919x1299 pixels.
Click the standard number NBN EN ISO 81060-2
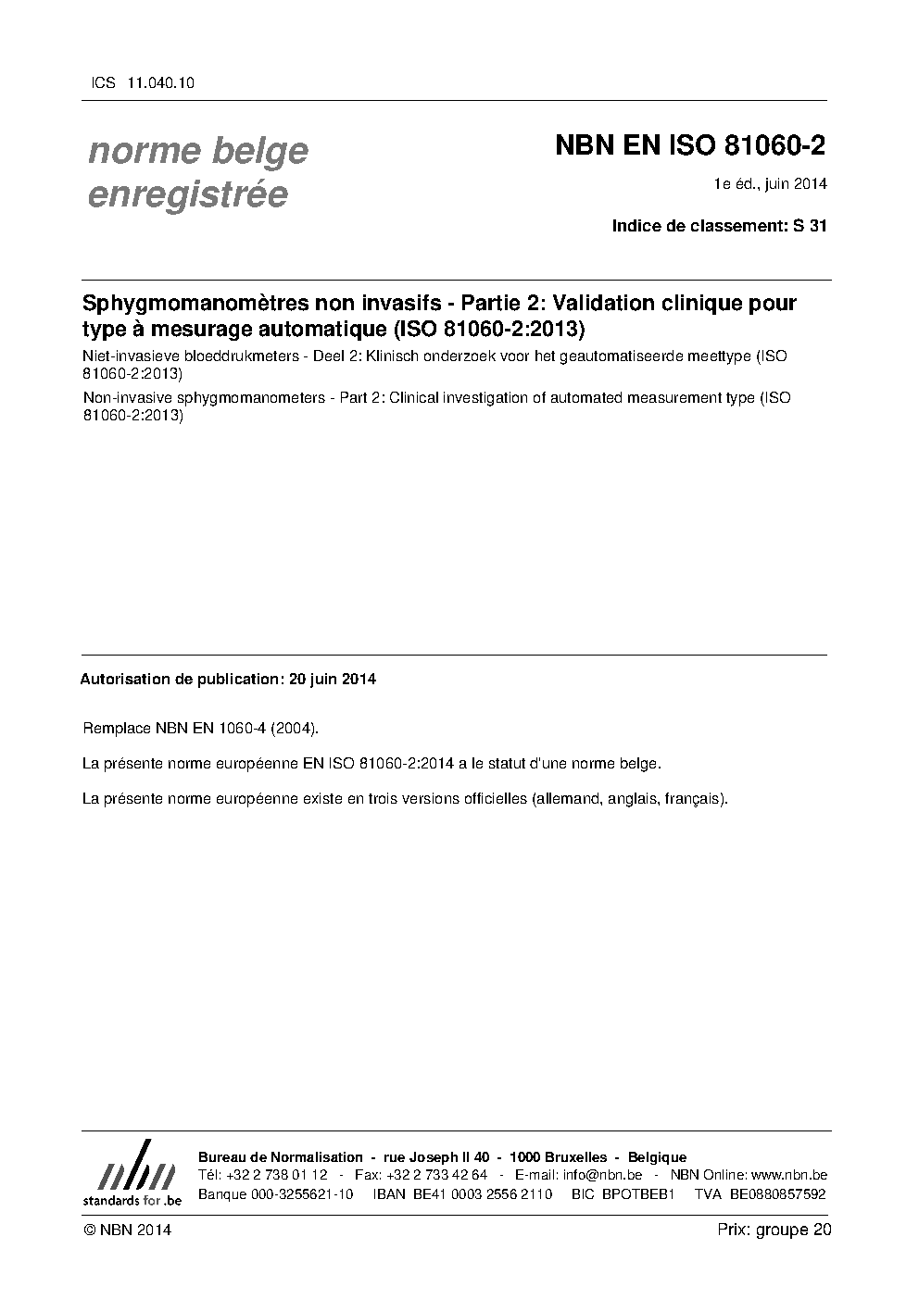point(690,146)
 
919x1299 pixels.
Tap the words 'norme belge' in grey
point(197,150)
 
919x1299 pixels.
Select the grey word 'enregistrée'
point(187,194)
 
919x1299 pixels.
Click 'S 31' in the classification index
point(810,225)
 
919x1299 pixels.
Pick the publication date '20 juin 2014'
point(332,679)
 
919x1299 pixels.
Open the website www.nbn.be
point(788,1175)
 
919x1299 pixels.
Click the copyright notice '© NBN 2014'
point(127,1230)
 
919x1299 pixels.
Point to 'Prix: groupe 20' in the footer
point(774,1230)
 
